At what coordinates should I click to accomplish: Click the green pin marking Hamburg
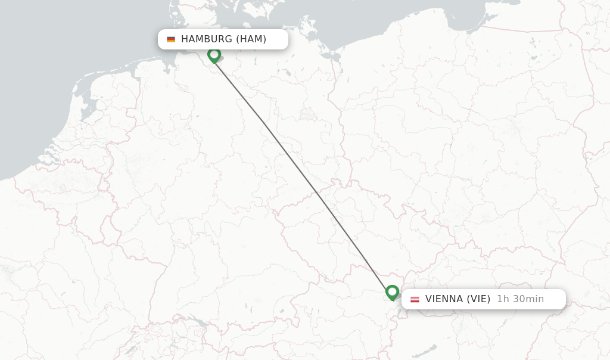(214, 55)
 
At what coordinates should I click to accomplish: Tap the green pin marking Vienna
(392, 292)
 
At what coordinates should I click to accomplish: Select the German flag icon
(171, 39)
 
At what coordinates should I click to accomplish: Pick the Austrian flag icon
(415, 299)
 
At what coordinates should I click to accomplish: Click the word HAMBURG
(206, 39)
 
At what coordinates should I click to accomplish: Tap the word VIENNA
(444, 299)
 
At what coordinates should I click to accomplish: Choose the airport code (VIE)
(478, 299)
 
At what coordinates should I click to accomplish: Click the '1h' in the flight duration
(503, 299)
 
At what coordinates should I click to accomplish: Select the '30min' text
(528, 299)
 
